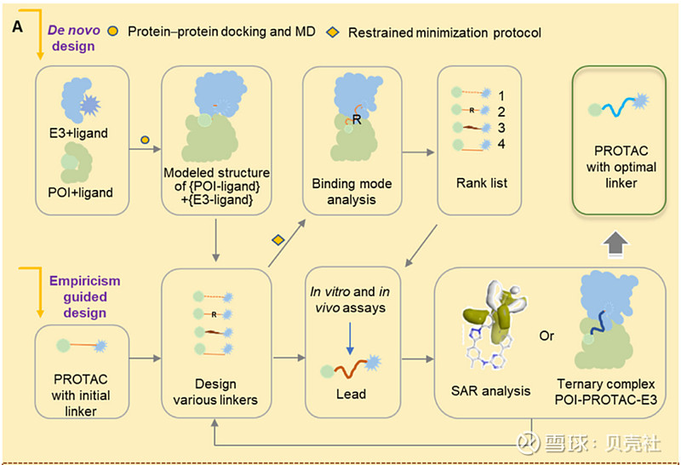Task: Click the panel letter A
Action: pyautogui.click(x=18, y=29)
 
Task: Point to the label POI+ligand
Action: pyautogui.click(x=83, y=192)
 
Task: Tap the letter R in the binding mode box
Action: pyautogui.click(x=358, y=120)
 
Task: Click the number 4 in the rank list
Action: pyautogui.click(x=502, y=146)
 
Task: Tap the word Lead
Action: pyautogui.click(x=351, y=394)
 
